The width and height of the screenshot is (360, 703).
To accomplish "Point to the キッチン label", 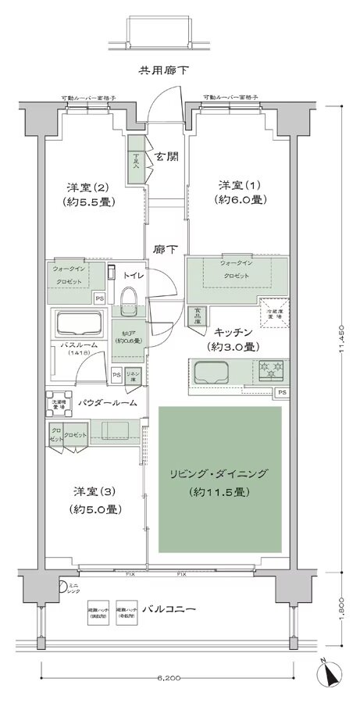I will tap(233, 331).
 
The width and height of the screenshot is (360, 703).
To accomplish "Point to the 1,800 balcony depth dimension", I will tap(341, 605).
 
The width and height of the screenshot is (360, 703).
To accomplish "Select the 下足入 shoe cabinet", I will tap(136, 160).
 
